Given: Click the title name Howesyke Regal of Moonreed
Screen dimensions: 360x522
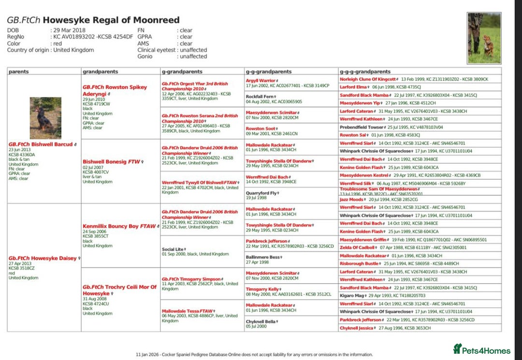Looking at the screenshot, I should pyautogui.click(x=111, y=20).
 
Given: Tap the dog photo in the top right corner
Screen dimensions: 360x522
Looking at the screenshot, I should pyautogui.click(x=484, y=38).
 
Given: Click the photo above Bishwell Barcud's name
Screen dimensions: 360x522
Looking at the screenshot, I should pyautogui.click(x=45, y=118).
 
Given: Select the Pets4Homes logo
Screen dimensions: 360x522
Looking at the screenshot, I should pyautogui.click(x=481, y=350).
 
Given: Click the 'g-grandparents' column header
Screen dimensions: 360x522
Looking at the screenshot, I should pyautogui.click(x=178, y=72).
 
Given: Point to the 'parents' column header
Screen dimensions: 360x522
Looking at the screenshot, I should pyautogui.click(x=19, y=72).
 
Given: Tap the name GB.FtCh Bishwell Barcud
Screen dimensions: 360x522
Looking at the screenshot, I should pyautogui.click(x=41, y=144).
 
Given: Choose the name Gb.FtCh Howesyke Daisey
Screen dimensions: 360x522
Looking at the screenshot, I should pyautogui.click(x=43, y=258).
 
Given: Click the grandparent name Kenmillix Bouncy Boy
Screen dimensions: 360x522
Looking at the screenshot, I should pyautogui.click(x=119, y=226).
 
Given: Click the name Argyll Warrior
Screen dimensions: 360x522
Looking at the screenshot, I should pyautogui.click(x=261, y=80).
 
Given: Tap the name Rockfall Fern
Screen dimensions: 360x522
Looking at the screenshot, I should pyautogui.click(x=260, y=96).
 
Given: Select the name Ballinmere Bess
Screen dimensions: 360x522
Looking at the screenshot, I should pyautogui.click(x=262, y=257).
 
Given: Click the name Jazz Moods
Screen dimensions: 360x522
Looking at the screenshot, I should pyautogui.click(x=351, y=199).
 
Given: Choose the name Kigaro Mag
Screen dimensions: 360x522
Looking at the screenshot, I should pyautogui.click(x=352, y=295).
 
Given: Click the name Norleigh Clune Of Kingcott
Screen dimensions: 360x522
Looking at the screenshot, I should pyautogui.click(x=368, y=79).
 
